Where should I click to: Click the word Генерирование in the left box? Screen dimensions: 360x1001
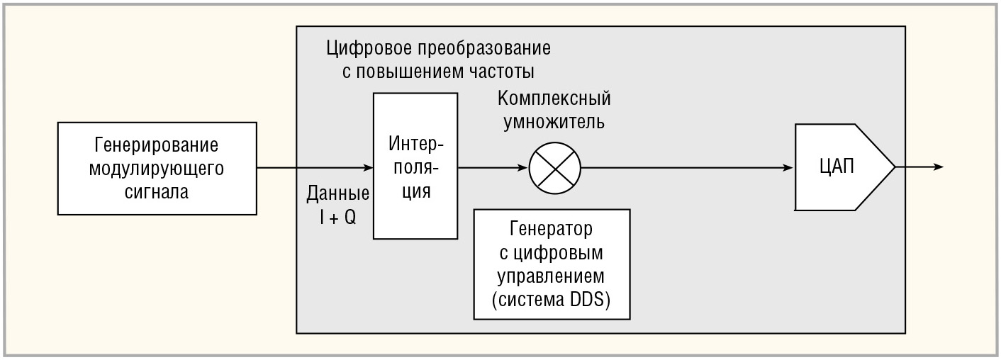click(x=156, y=145)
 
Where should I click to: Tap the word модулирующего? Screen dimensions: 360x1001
click(x=156, y=169)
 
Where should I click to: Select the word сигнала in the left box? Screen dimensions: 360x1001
click(x=156, y=192)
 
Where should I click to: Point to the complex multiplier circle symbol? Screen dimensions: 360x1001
click(x=554, y=168)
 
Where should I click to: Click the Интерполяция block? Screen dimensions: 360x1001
click(x=415, y=168)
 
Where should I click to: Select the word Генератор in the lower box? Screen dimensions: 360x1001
click(x=552, y=230)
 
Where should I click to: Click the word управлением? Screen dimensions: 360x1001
click(x=552, y=276)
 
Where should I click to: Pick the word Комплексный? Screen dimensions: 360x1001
click(x=554, y=98)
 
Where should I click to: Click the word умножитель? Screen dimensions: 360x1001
click(x=554, y=121)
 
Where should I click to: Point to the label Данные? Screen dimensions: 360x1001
click(x=337, y=193)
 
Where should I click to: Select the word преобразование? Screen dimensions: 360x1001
click(x=482, y=49)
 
